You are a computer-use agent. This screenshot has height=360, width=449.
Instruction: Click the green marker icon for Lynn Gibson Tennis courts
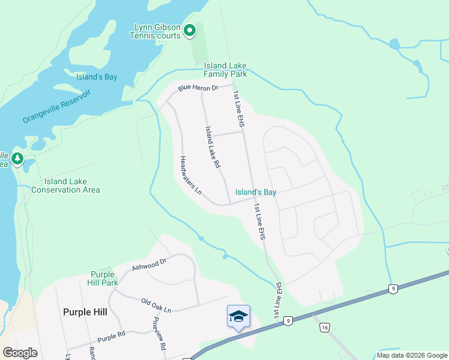point(190,30)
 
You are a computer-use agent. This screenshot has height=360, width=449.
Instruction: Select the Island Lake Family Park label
point(225,70)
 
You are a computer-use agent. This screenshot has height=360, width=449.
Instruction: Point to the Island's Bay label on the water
point(97,77)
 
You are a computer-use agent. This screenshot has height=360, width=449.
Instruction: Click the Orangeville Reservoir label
point(56,106)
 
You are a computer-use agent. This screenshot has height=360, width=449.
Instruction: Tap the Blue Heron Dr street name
point(196,88)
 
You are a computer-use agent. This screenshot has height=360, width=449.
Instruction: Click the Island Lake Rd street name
point(213,146)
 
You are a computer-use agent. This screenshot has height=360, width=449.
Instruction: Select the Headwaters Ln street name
point(190,176)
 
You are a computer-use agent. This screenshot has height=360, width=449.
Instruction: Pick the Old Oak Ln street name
point(156,305)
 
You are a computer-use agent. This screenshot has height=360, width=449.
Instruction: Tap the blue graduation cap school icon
point(238,316)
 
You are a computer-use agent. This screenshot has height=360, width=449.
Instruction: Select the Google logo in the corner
point(20,352)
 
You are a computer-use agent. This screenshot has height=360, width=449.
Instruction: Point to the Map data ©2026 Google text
point(411,355)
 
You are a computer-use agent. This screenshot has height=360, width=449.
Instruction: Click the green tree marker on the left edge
point(17,159)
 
